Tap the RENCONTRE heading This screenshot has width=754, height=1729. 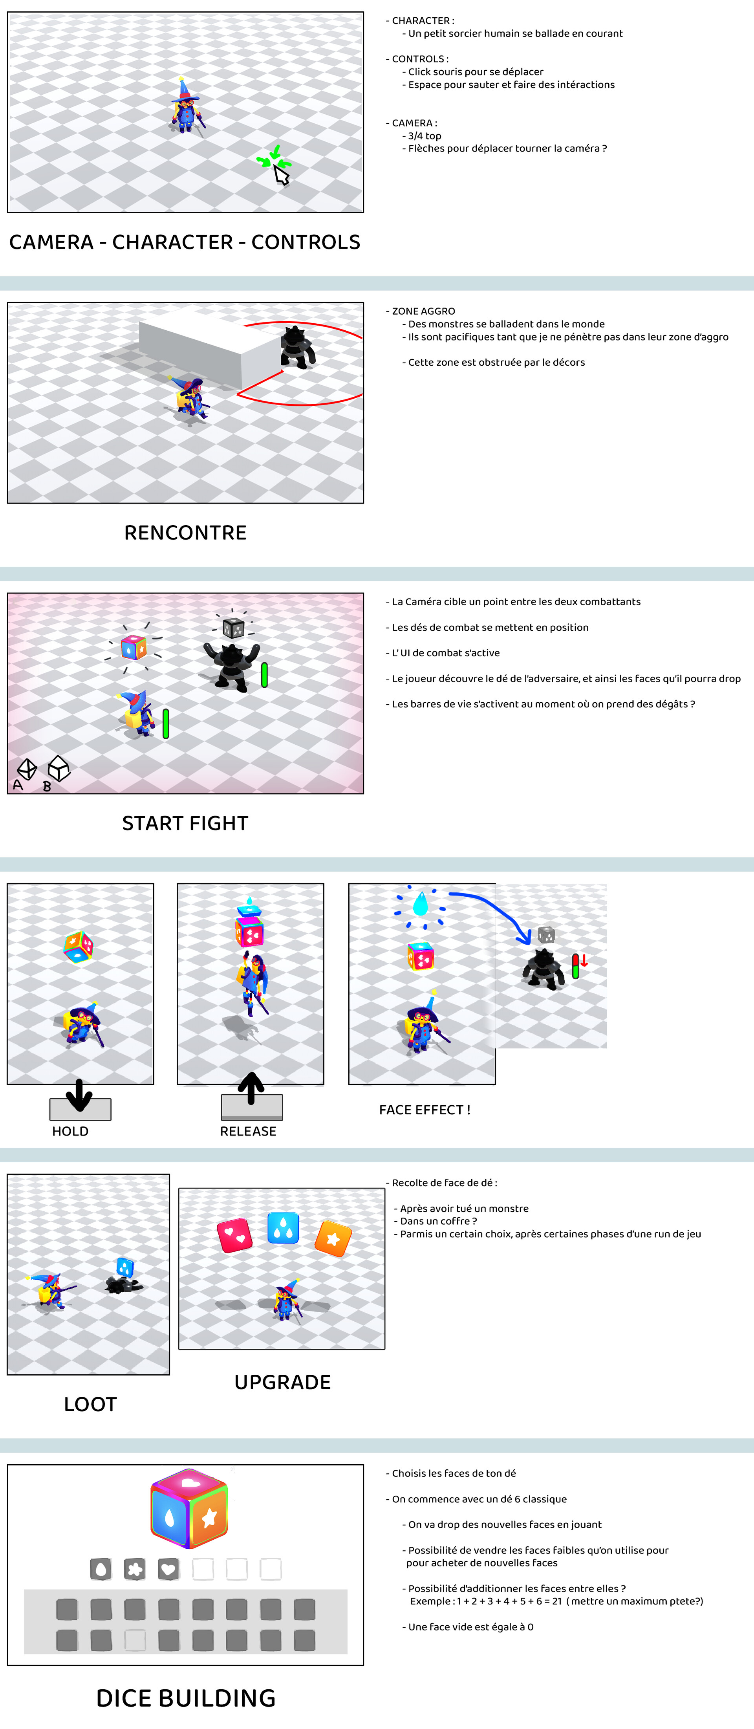coord(185,532)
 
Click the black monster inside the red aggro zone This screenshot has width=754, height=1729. coord(296,347)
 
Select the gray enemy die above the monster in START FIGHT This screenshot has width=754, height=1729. coord(233,628)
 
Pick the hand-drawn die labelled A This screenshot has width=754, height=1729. coord(27,769)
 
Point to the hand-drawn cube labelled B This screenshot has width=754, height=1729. coord(59,769)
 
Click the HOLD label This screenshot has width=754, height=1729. coord(70,1131)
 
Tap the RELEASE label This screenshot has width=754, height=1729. coord(248,1131)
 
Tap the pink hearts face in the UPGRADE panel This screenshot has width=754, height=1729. coord(234,1235)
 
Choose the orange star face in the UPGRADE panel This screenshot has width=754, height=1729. coord(333,1238)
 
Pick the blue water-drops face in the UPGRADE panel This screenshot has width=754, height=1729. coord(283,1227)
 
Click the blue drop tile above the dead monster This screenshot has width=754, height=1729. coord(125,1267)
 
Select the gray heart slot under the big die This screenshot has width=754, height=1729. coord(168,1569)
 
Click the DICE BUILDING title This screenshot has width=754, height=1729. coord(186,1698)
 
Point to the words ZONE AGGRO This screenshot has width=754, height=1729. coord(423,311)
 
